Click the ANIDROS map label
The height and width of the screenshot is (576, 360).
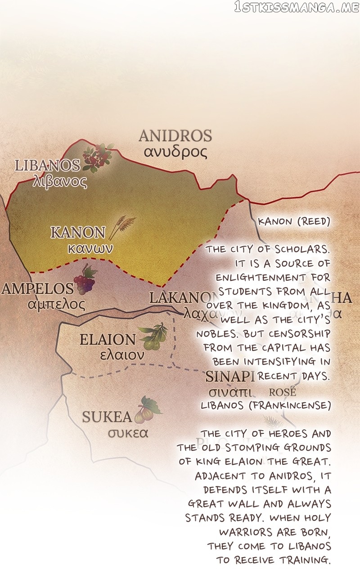tap(175, 135)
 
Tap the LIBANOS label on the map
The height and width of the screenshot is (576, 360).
tap(47, 165)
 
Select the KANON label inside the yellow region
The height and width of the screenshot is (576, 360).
tap(78, 232)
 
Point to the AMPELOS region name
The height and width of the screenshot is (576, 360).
tap(37, 288)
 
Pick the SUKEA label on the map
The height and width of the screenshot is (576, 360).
tap(107, 417)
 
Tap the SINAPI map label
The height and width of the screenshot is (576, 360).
tap(230, 376)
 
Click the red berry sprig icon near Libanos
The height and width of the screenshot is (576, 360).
tap(97, 157)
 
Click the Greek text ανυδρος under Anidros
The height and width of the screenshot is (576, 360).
tap(175, 152)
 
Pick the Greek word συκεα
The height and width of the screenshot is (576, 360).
tap(128, 433)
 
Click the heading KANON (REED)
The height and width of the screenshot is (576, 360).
tap(294, 221)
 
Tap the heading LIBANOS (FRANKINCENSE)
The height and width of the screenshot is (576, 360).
tap(265, 405)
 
